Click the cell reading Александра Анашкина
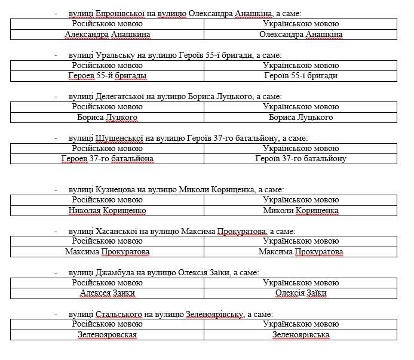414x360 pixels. tap(107, 35)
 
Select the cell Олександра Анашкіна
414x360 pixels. tap(300, 35)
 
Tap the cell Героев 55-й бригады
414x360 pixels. tap(107, 76)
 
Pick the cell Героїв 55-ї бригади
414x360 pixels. tap(300, 76)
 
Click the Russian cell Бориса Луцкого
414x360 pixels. tap(107, 118)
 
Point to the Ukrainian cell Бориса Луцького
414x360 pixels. tap(300, 118)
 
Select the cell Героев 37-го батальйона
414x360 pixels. tap(107, 159)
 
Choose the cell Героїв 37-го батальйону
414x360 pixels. tap(300, 159)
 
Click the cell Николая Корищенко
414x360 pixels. tap(107, 211)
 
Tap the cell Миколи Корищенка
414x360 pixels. tap(300, 211)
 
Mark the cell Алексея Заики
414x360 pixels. tap(107, 293)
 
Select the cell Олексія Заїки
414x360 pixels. tap(300, 293)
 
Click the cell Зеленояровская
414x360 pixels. tap(107, 335)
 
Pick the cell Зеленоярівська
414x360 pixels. tap(300, 335)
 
